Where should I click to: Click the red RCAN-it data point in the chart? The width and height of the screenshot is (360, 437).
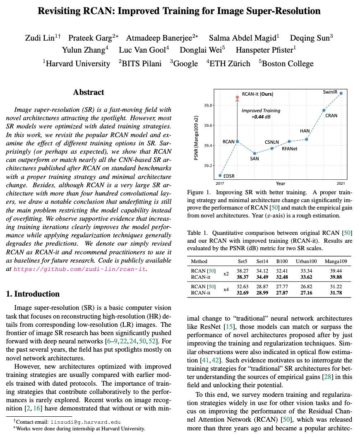coord(238,97)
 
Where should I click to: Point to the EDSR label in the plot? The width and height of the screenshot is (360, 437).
coord(229,176)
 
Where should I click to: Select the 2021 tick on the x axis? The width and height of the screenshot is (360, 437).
coord(341,183)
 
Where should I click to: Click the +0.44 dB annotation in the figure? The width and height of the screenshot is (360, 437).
coord(261,117)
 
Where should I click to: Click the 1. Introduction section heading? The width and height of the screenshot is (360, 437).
coord(33,294)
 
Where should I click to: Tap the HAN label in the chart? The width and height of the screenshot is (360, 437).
coord(305,131)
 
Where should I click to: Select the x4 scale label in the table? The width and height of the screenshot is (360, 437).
coord(226,289)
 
